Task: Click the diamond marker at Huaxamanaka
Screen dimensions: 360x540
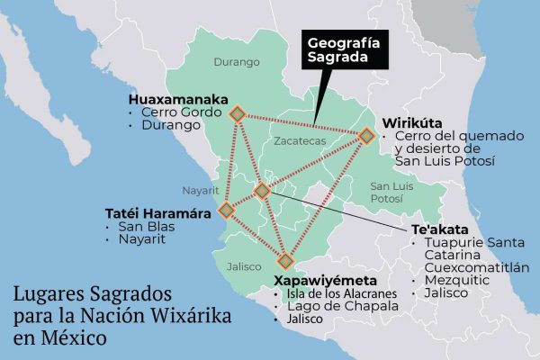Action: tap(237, 113)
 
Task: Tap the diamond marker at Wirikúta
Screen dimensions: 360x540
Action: tap(366, 135)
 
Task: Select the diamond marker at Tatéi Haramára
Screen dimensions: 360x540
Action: tap(226, 210)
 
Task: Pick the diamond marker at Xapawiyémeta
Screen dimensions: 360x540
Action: tap(285, 262)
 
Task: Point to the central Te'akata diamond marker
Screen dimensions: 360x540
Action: tap(262, 190)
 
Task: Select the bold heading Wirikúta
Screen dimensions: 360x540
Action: tap(412, 121)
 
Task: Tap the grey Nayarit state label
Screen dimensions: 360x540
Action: tap(200, 191)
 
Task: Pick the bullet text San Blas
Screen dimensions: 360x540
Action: tap(146, 227)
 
